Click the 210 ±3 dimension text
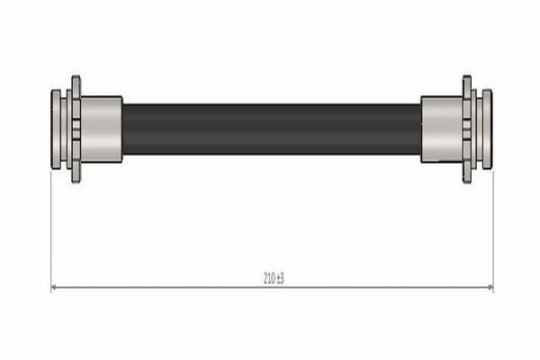[274, 278]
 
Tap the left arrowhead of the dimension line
[54, 287]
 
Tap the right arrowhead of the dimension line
[490, 287]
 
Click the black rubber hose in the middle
[272, 130]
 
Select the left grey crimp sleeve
[101, 130]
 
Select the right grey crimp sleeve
[442, 130]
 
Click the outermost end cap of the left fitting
[56, 130]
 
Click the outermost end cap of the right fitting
[487, 130]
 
